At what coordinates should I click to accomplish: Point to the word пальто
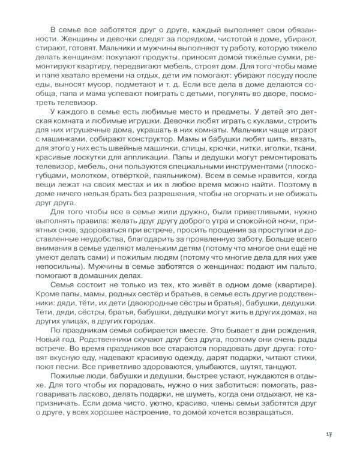click(x=306, y=274)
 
